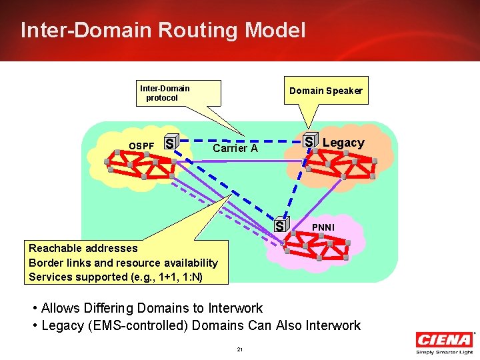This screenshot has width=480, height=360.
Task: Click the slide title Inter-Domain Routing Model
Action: pyautogui.click(x=163, y=30)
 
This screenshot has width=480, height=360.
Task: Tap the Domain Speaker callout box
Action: pyautogui.click(x=325, y=91)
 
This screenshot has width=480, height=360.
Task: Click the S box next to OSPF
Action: pyautogui.click(x=171, y=143)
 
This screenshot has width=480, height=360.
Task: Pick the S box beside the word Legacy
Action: pyautogui.click(x=309, y=141)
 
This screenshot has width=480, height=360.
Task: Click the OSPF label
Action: pyautogui.click(x=141, y=145)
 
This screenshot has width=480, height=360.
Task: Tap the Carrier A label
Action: pyautogui.click(x=235, y=149)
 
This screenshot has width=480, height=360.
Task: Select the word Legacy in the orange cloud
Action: pyautogui.click(x=343, y=143)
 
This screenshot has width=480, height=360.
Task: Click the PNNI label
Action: pyautogui.click(x=324, y=229)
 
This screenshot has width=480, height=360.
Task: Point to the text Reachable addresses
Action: pyautogui.click(x=83, y=248)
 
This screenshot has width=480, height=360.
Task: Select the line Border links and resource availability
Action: pyautogui.click(x=123, y=263)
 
